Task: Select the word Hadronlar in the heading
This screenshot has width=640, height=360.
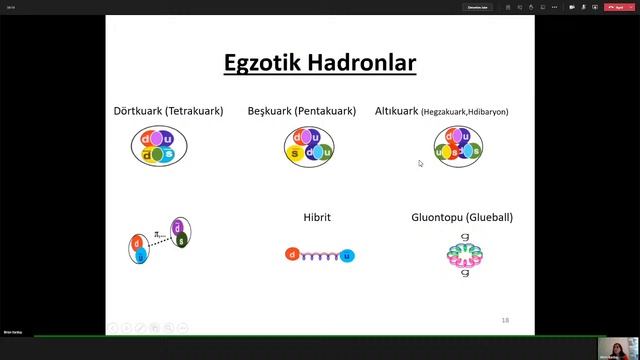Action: pyautogui.click(x=363, y=64)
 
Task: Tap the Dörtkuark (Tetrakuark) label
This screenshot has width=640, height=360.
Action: pyautogui.click(x=168, y=111)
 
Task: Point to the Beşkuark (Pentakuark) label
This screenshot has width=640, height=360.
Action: pyautogui.click(x=301, y=111)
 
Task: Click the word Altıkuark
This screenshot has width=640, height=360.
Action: pyautogui.click(x=397, y=111)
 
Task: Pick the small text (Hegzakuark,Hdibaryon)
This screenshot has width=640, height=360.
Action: pyautogui.click(x=465, y=112)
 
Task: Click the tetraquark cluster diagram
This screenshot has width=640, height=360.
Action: pyautogui.click(x=159, y=146)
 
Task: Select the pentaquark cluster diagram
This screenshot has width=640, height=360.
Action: pyautogui.click(x=309, y=146)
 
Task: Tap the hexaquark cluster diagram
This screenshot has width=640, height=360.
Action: pyautogui.click(x=458, y=146)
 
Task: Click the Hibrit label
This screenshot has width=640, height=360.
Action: pyautogui.click(x=317, y=217)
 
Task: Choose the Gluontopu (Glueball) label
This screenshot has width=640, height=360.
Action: pyautogui.click(x=462, y=217)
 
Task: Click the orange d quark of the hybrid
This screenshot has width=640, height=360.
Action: pyautogui.click(x=292, y=255)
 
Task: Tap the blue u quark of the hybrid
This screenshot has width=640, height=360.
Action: pyautogui.click(x=347, y=256)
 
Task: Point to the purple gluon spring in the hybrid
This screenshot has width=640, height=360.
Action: pyautogui.click(x=319, y=256)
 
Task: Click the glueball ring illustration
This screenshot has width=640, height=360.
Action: pyautogui.click(x=463, y=253)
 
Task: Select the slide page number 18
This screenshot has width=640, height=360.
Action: pyautogui.click(x=505, y=320)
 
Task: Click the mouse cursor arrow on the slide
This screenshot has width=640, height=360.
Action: pyautogui.click(x=420, y=163)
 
